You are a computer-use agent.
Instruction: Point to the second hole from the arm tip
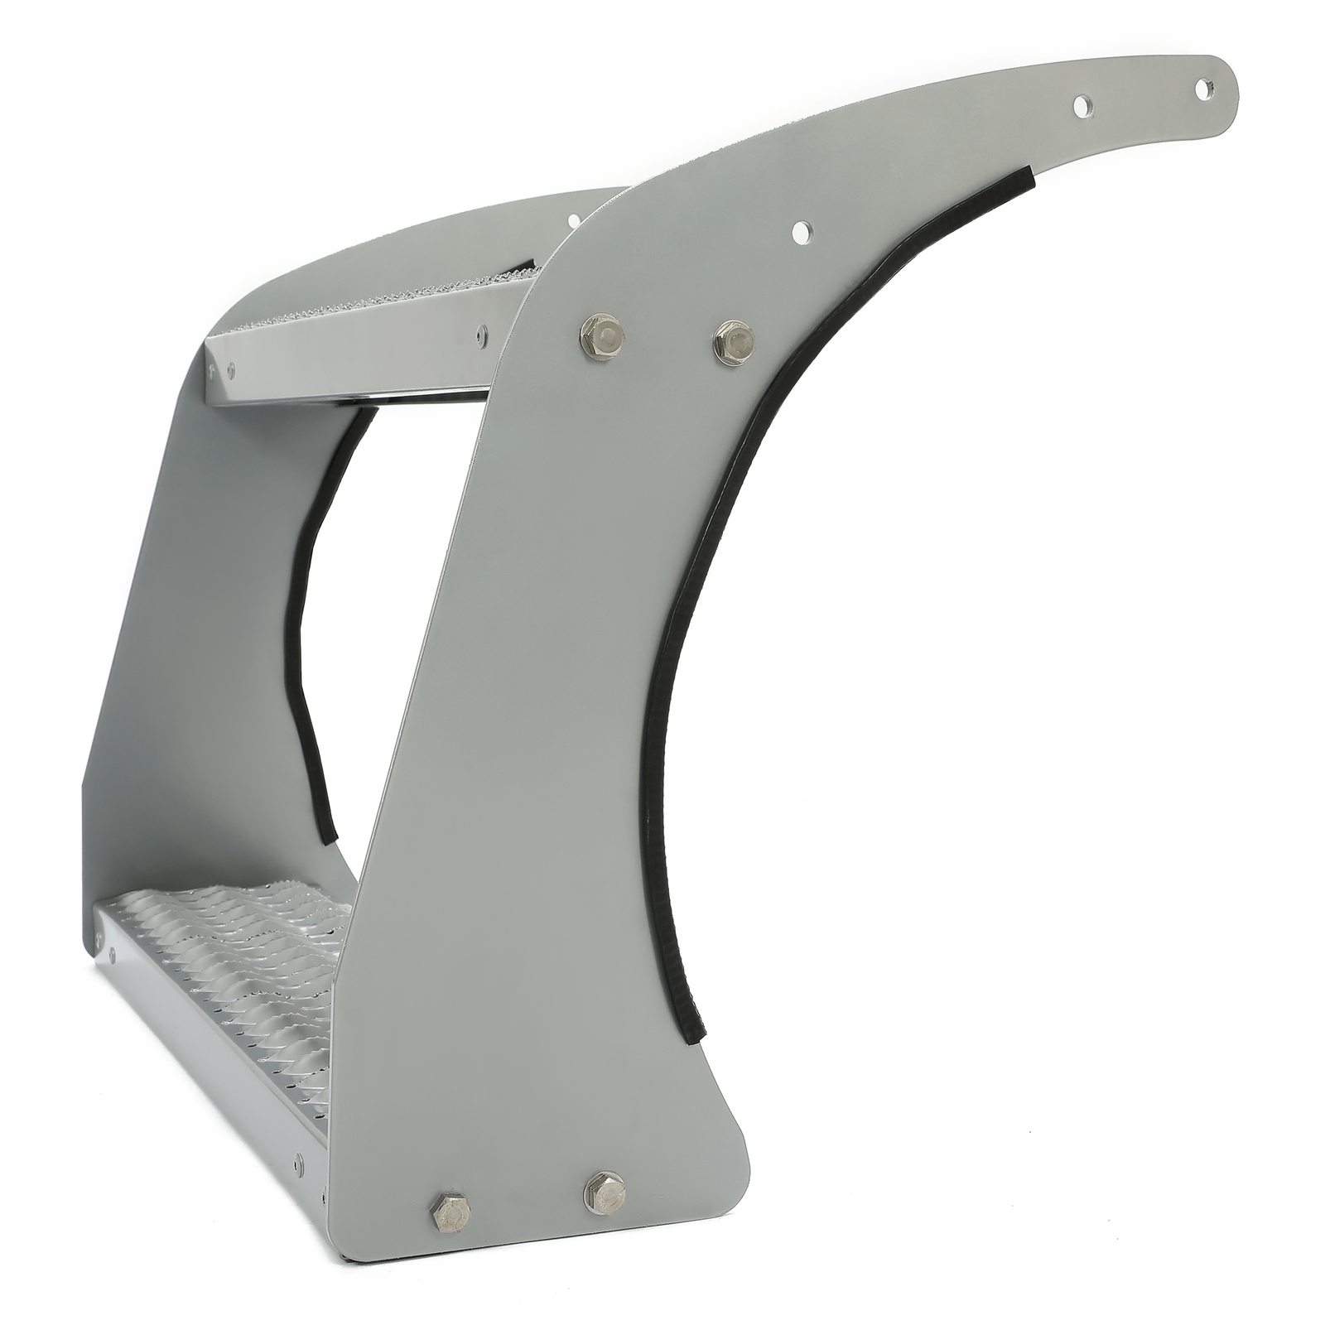(1082, 106)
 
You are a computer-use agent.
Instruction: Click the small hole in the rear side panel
(573, 221)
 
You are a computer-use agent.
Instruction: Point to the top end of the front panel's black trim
(1024, 176)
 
